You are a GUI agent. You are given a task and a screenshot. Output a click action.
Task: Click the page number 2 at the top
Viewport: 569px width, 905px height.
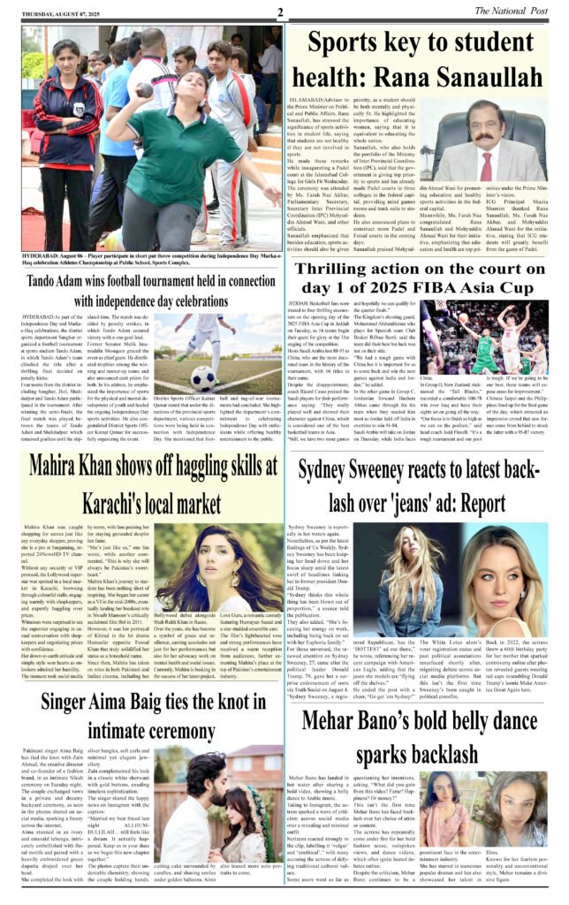click(278, 12)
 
